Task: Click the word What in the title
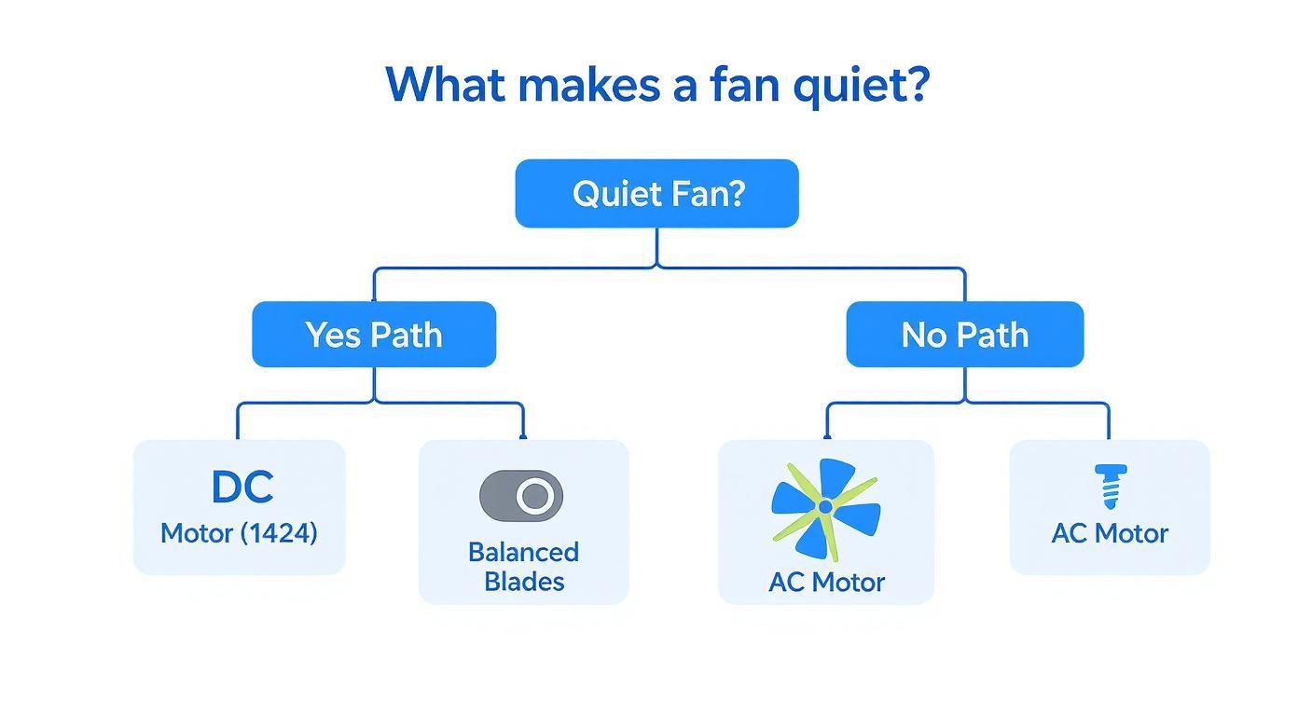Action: [x=445, y=84]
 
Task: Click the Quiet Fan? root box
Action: [x=657, y=194]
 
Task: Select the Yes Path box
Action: [x=374, y=335]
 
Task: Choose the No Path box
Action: [x=964, y=335]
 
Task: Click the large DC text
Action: [x=242, y=488]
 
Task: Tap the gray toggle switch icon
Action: [x=520, y=496]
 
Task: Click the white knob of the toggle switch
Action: [x=535, y=496]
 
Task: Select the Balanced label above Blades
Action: [x=523, y=552]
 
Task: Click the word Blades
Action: [x=523, y=582]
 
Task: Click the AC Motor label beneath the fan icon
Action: [x=826, y=582]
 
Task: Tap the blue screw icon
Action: [x=1109, y=486]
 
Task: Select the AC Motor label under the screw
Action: [x=1109, y=533]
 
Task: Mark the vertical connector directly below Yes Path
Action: [x=374, y=384]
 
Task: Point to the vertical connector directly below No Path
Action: [x=964, y=384]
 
